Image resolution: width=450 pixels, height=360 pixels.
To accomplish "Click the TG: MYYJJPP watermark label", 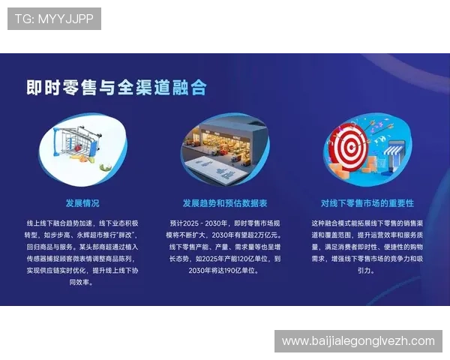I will click(x=54, y=19).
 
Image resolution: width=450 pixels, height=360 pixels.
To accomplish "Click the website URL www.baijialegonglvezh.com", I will click(x=358, y=341).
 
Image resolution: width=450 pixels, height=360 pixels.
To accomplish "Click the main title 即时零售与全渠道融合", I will click(x=116, y=88).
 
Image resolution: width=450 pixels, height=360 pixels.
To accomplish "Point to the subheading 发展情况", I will click(x=82, y=203).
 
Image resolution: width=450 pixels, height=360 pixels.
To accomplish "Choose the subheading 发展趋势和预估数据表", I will click(x=224, y=203).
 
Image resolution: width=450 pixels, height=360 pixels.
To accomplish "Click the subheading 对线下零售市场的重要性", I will click(x=367, y=203).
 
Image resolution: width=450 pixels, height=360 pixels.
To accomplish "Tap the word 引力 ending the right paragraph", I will click(x=363, y=271).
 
